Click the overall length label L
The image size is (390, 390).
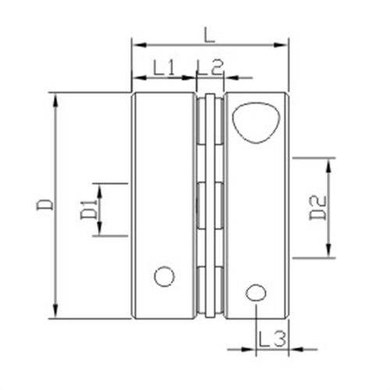[209, 35]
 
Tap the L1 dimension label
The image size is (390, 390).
[164, 67]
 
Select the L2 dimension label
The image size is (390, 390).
[211, 67]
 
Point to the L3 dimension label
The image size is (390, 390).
[272, 339]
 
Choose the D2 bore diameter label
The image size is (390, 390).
[317, 208]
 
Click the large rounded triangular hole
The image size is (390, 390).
[257, 122]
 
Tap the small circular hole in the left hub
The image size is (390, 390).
[165, 276]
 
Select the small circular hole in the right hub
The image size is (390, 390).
[256, 293]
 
